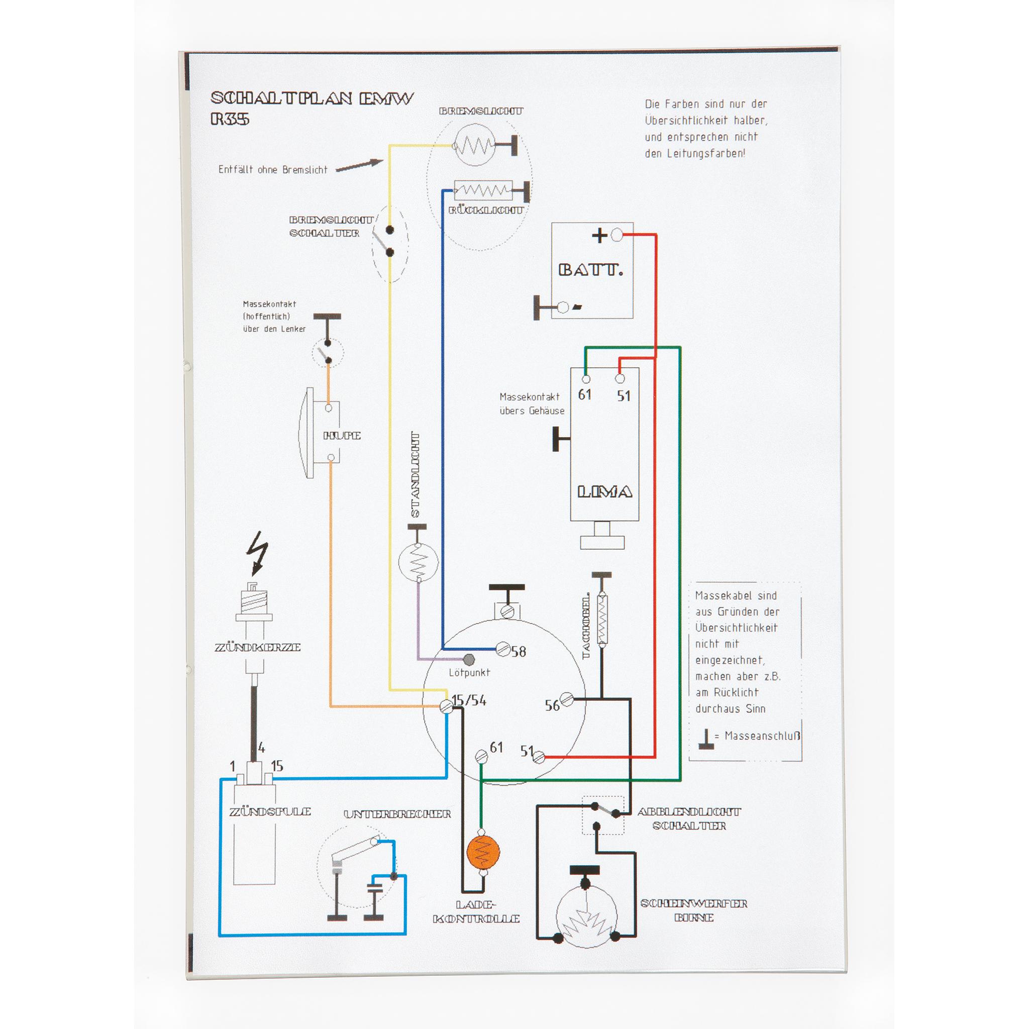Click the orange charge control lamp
[x=482, y=852]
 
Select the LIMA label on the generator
[x=604, y=491]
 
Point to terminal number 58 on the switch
[x=518, y=651]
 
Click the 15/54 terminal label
[x=469, y=700]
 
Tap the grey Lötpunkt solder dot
[x=469, y=660]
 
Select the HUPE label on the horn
[x=342, y=436]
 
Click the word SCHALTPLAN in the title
[x=281, y=98]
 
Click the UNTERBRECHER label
[x=397, y=814]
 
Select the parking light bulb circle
[x=418, y=561]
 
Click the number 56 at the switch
[x=552, y=706]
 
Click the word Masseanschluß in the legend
[x=762, y=736]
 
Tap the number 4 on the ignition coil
[x=261, y=747]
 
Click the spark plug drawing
[x=255, y=629]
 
